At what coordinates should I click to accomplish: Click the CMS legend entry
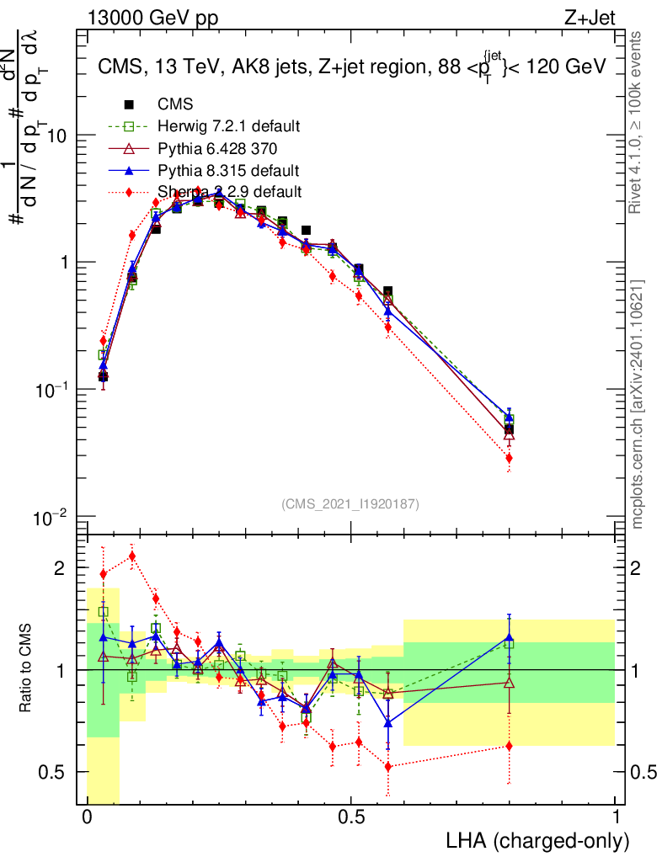point(175,104)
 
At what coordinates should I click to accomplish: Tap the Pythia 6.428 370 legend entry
point(217,148)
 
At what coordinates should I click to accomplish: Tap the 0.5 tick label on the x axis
point(351,817)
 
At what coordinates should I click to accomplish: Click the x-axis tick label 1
point(616,817)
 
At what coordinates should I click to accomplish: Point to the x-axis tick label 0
point(88,817)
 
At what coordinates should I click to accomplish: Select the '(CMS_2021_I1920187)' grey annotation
point(350,503)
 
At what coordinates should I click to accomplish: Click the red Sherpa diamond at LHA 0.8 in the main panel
point(509,458)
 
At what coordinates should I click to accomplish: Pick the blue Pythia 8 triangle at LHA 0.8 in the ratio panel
point(509,637)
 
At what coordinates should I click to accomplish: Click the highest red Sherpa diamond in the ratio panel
point(132,556)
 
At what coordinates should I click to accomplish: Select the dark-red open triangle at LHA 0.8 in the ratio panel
point(509,683)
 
